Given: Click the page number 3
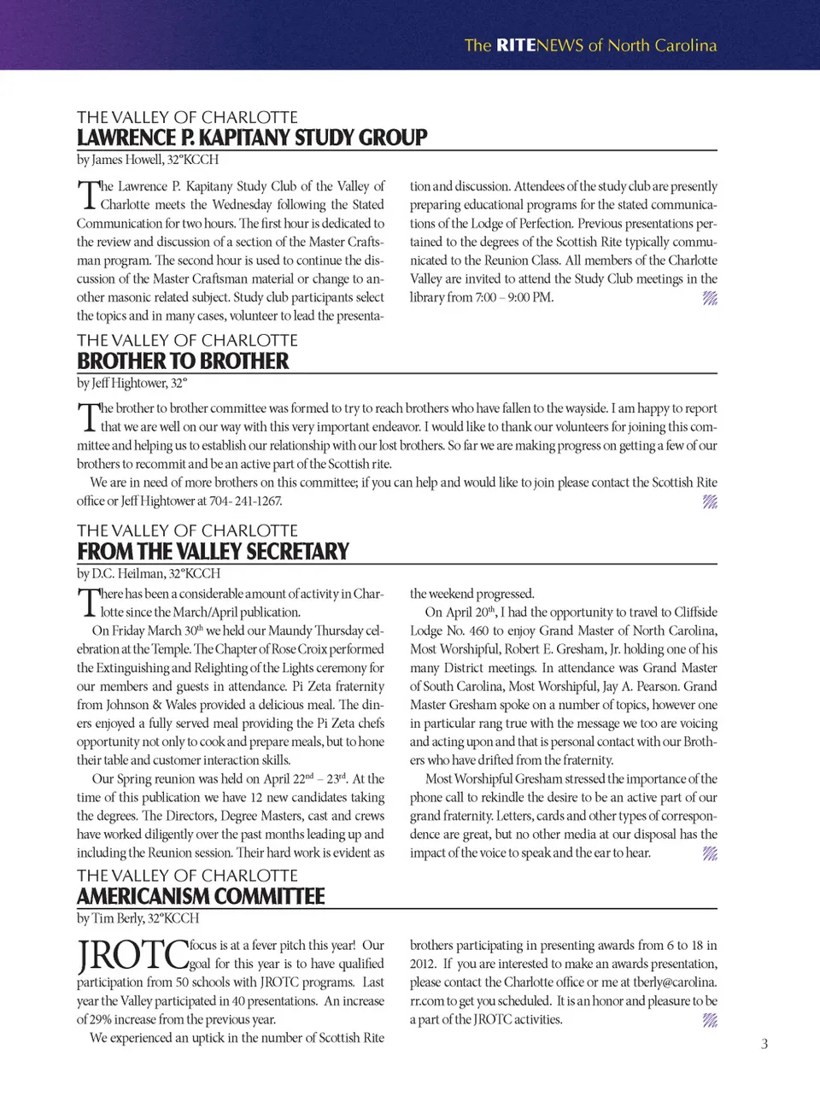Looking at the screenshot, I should (764, 1044).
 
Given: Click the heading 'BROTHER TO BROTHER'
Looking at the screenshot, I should (183, 361).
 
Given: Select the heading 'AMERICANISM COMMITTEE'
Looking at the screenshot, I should (201, 896).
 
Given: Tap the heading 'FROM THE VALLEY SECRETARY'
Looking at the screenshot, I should (213, 552).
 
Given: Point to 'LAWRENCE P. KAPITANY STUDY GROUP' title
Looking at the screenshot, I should (252, 138).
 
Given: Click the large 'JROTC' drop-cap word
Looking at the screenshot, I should (132, 955).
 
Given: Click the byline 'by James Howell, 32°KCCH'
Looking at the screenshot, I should (148, 160).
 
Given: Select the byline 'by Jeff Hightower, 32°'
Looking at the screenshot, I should (132, 383).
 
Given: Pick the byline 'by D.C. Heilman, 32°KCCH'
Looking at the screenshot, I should (149, 573).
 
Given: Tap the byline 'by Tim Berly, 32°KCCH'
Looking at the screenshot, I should (138, 917).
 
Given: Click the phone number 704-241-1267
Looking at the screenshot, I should (246, 501).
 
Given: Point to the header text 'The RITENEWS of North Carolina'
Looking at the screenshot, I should (590, 45).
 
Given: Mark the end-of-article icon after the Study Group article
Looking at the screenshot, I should (710, 298).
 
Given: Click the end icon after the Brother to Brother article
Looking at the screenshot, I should (710, 501).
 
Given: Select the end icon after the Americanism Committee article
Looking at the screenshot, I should (710, 1020).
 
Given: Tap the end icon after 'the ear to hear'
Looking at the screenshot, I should (710, 853).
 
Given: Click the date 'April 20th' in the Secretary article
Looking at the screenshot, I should (471, 613).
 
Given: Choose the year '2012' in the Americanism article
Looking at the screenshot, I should (423, 964).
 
